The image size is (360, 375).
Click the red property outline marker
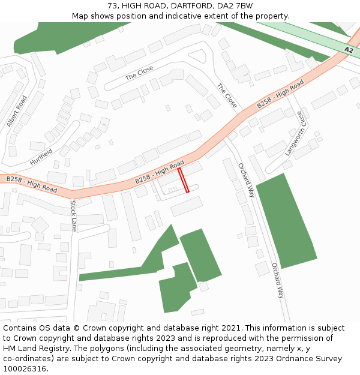(183, 180)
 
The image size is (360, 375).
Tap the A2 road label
(349, 50)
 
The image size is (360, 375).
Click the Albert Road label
(17, 112)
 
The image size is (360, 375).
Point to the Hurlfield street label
(41, 157)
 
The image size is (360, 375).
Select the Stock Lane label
(74, 216)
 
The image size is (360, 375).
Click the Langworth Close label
(295, 133)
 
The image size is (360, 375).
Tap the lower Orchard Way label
(277, 280)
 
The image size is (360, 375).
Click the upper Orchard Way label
(246, 180)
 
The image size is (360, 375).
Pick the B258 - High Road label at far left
(32, 184)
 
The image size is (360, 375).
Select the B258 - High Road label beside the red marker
(159, 172)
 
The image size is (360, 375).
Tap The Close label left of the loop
(139, 73)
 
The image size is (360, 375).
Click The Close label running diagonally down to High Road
(227, 96)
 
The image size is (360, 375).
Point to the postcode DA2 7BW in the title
(235, 6)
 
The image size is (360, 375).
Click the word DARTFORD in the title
(181, 6)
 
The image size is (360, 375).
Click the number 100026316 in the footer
(25, 368)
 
